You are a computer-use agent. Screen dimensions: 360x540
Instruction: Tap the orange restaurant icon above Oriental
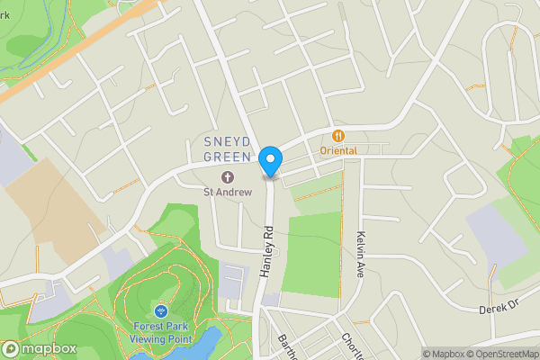tap(338, 136)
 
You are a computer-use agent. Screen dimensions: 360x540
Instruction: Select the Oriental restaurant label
tap(338, 150)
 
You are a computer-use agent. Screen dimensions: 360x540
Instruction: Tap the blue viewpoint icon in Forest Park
tap(163, 310)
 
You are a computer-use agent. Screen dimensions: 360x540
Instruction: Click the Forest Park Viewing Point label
tap(163, 332)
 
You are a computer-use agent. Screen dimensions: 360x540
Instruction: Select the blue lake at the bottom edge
tap(205, 345)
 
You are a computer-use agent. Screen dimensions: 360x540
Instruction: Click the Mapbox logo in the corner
tap(38, 348)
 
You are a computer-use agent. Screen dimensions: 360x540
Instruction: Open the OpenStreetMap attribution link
tap(499, 354)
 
